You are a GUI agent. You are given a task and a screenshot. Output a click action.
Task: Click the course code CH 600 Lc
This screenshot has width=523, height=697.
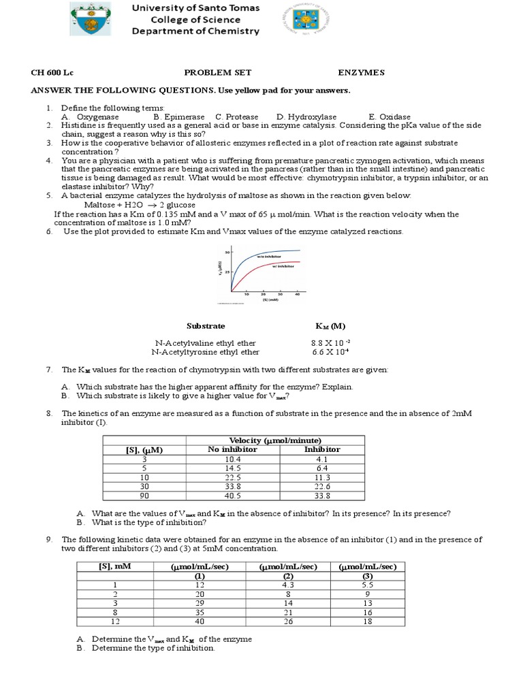click(51, 72)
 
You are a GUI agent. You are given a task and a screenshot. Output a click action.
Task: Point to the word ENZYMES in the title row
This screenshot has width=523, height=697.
click(362, 72)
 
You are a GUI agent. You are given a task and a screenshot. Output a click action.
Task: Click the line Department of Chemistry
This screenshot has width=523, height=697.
click(195, 31)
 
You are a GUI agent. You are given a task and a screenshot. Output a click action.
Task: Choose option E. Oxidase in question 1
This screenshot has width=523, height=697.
click(390, 117)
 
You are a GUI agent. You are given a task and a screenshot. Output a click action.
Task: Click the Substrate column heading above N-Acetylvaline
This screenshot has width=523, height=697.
click(206, 326)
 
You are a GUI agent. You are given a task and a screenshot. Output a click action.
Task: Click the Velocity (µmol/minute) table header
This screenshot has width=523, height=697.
click(275, 440)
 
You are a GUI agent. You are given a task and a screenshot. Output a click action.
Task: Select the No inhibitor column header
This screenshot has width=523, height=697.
click(232, 449)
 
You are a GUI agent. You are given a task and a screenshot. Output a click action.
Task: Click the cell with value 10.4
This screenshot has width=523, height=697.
click(233, 459)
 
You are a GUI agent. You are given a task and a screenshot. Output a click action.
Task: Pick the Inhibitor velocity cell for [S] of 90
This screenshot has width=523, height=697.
click(322, 496)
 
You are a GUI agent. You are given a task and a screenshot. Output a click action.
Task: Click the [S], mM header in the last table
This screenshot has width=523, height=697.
click(113, 566)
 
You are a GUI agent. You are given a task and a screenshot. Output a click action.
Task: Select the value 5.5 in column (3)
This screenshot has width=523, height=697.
click(367, 584)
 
